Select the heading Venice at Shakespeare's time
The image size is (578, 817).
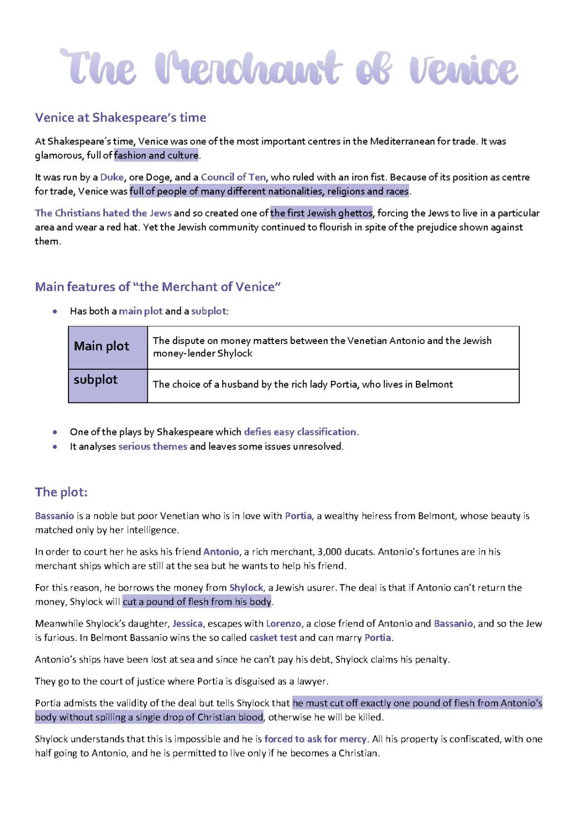(120, 118)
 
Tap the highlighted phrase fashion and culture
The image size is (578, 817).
(156, 156)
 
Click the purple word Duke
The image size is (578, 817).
(112, 177)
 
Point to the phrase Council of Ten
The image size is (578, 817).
(233, 177)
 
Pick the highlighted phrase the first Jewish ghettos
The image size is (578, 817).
(321, 213)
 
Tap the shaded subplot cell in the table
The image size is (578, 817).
(108, 385)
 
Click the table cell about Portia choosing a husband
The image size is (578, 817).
(333, 385)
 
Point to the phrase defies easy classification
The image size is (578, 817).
(300, 432)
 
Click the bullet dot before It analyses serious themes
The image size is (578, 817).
(55, 447)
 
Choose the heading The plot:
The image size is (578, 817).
(61, 492)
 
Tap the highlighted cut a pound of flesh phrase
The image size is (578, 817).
(197, 602)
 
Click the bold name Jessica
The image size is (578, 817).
(187, 624)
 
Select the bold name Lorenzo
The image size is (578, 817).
(283, 624)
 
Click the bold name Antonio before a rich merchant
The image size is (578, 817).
(221, 552)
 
